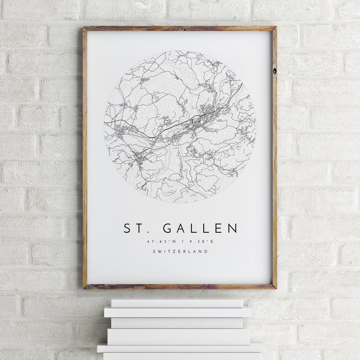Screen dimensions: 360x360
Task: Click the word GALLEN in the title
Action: point(200,228)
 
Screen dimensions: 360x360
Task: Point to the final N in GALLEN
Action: point(233,228)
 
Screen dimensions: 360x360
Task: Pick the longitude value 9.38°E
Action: point(202,241)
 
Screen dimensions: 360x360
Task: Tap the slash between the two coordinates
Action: point(180,241)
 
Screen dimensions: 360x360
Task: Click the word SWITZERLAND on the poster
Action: point(180,252)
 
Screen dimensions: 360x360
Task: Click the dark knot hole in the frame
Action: point(274,71)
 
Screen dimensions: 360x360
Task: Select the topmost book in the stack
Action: point(177,303)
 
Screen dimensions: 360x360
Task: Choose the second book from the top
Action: point(178,312)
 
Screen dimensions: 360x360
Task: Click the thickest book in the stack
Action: point(178,337)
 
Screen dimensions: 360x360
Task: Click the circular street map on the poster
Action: point(180,127)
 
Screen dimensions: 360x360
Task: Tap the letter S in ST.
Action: point(127,228)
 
